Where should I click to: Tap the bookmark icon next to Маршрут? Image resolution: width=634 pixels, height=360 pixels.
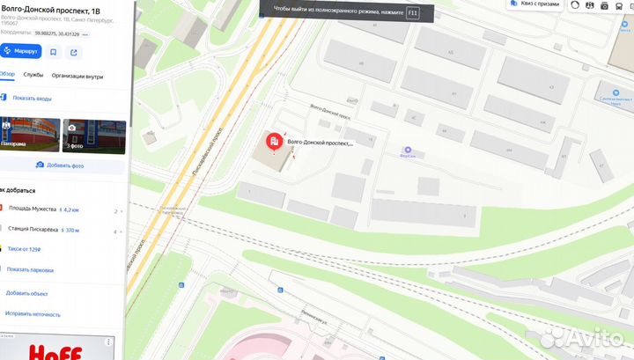[x=54, y=51]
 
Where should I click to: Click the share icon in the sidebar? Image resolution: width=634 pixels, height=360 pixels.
[x=74, y=51]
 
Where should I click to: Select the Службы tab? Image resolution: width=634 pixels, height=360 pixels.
[x=33, y=76]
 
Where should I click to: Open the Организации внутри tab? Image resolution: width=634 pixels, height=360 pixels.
[x=77, y=76]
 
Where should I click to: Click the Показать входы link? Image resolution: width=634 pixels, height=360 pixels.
[x=32, y=98]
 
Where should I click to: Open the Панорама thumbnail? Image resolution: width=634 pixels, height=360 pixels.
[x=30, y=136]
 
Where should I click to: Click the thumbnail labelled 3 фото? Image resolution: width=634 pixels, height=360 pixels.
[x=94, y=136]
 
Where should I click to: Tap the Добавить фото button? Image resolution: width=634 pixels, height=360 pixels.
[x=61, y=165]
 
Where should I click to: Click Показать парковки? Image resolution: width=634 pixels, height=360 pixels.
[x=32, y=270]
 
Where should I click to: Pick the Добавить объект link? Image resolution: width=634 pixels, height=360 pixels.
[x=26, y=293]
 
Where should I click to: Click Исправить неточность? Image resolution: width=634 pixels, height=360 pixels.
[x=33, y=313]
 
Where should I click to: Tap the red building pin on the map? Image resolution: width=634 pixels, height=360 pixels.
[x=274, y=141]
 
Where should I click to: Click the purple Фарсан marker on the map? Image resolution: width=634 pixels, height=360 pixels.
[x=407, y=150]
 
